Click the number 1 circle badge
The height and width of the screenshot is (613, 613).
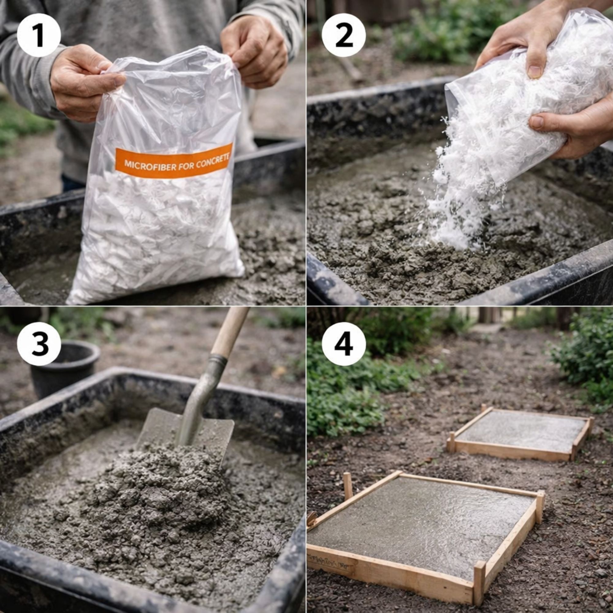(x=38, y=35)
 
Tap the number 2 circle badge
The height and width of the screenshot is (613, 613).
(x=344, y=35)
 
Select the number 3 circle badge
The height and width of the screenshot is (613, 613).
(x=38, y=344)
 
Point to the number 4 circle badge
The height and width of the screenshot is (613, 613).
(x=344, y=344)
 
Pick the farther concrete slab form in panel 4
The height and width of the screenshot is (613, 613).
(x=520, y=432)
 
